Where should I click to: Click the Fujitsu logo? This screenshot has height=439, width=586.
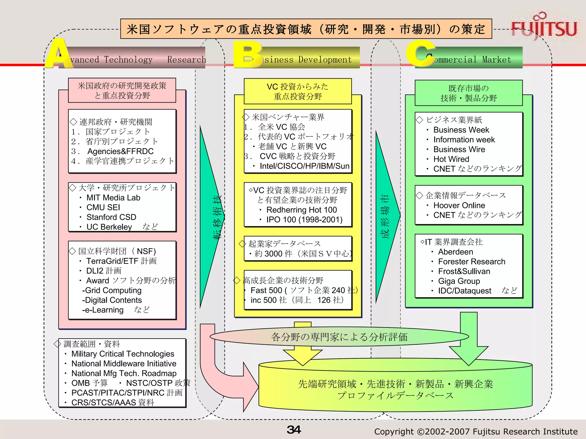click(x=544, y=27)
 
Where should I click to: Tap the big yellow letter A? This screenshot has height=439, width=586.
click(x=59, y=54)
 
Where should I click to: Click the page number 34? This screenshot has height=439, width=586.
click(x=294, y=430)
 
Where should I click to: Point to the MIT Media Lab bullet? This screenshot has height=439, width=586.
click(x=113, y=198)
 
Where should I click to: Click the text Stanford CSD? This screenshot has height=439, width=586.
click(x=111, y=217)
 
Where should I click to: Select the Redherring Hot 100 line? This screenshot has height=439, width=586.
click(x=301, y=210)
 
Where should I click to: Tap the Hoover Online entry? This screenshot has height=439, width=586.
click(x=459, y=205)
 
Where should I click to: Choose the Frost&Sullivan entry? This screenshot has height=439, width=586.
click(x=464, y=272)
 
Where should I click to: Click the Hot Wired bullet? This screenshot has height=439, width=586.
click(x=451, y=159)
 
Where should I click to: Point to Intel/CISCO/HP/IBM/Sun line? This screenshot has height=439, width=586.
click(x=304, y=166)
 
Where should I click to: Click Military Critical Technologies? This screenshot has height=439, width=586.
click(x=122, y=354)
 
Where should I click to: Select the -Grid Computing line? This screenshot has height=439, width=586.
click(x=112, y=291)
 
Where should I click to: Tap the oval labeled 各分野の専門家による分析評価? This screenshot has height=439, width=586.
click(x=339, y=337)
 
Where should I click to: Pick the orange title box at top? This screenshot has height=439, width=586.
click(x=306, y=29)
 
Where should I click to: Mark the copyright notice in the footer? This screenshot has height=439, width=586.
click(x=476, y=432)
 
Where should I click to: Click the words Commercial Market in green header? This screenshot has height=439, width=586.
click(x=472, y=60)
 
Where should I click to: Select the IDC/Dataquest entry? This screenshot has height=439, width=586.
click(x=464, y=291)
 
